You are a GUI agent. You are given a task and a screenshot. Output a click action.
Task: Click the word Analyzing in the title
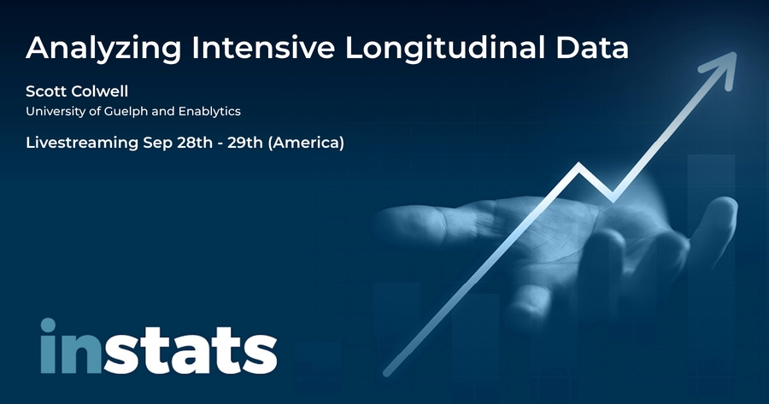point(103,49)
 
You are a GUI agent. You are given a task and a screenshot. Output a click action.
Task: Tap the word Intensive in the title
point(263,47)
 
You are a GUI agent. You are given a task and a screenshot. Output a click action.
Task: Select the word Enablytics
point(209,112)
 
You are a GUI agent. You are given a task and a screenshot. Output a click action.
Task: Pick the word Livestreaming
point(82,143)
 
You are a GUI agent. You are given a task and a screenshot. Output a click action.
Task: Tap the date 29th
point(245,143)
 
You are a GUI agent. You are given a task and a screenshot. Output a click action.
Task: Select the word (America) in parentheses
point(306,143)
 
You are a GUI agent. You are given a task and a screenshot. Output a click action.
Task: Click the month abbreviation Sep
point(155,143)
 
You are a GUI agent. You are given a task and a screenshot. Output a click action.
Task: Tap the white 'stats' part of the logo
point(190,349)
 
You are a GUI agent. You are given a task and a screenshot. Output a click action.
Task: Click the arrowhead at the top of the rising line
point(721,68)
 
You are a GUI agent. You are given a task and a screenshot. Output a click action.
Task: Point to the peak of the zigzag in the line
point(579,166)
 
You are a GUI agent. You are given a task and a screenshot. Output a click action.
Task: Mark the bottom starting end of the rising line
point(386,373)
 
